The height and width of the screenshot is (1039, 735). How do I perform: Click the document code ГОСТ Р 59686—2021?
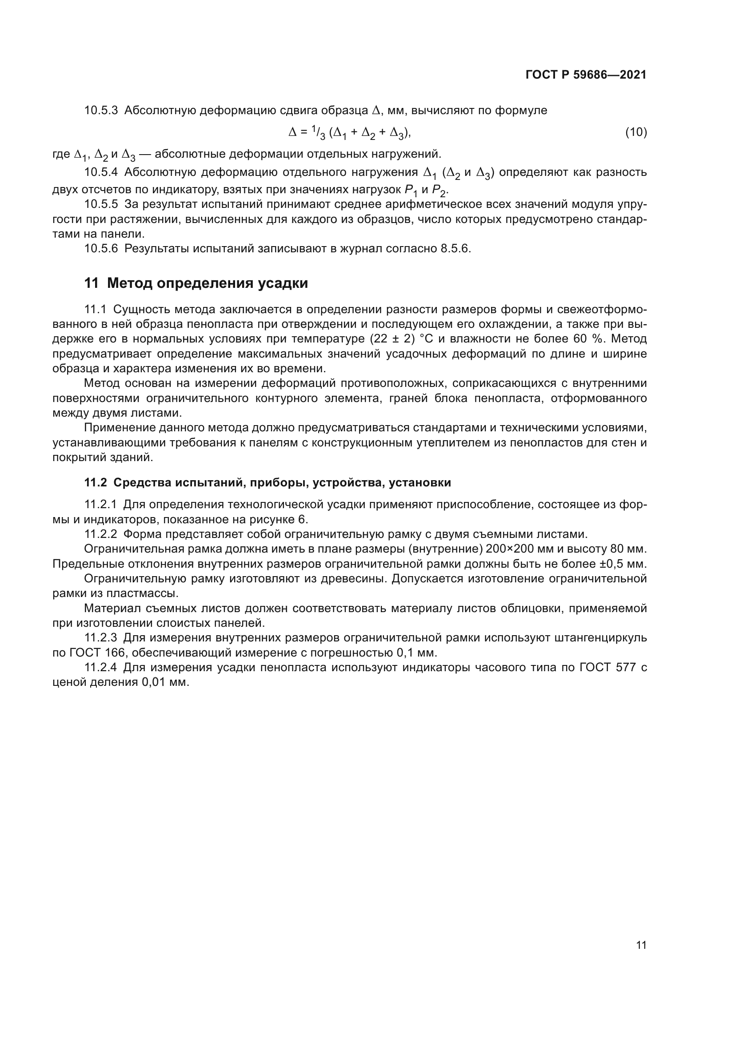tap(586, 75)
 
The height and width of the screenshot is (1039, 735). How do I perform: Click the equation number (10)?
tap(635, 132)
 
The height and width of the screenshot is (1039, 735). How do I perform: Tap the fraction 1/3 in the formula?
tap(319, 132)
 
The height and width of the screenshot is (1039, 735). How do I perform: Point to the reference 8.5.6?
tap(455, 249)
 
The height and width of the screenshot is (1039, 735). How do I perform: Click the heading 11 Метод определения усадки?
tap(196, 283)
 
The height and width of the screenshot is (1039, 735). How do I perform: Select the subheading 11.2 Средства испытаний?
tap(268, 482)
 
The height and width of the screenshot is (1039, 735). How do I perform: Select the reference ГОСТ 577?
tap(605, 668)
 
